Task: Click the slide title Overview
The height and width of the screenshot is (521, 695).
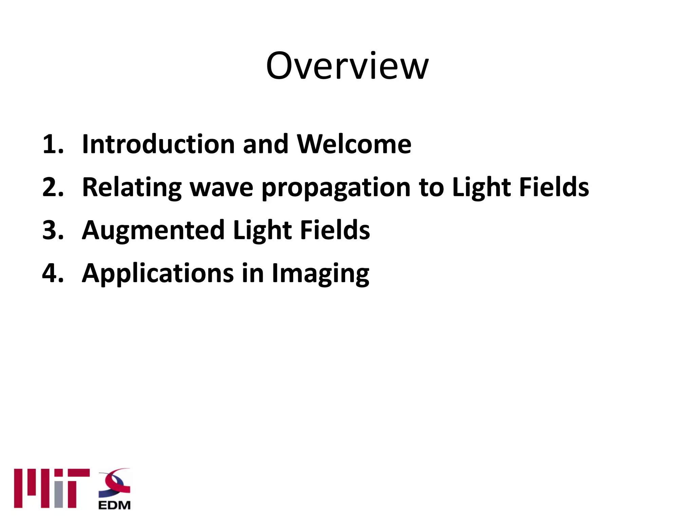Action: click(347, 66)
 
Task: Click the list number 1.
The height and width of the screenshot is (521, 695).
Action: click(53, 144)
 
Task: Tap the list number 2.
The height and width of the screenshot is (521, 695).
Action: click(53, 187)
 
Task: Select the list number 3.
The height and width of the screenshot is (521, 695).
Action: click(53, 230)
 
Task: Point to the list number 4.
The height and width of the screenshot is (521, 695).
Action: click(53, 273)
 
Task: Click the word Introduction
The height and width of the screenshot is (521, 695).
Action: click(158, 144)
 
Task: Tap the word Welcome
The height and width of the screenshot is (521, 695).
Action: click(354, 144)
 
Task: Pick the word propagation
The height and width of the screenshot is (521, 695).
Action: click(336, 189)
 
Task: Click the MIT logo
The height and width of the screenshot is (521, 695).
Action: click(52, 488)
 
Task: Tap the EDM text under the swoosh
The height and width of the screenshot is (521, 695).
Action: click(114, 505)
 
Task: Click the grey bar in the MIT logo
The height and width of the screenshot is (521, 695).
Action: click(59, 495)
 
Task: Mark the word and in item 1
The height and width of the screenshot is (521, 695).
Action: click(265, 144)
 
